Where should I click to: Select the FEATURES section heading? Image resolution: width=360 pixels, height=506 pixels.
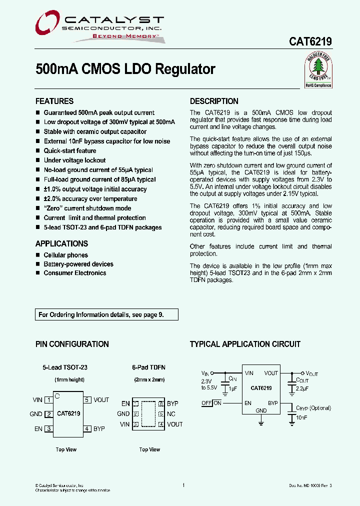point(54,101)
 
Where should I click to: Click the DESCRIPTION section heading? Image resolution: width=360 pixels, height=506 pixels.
point(214,101)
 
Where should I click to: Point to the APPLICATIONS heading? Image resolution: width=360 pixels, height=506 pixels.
point(61,243)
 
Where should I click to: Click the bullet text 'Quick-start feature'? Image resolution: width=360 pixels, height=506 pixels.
point(70,150)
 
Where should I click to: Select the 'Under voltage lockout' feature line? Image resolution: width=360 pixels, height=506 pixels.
point(74,160)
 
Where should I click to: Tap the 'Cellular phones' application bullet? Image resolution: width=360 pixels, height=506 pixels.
point(65,255)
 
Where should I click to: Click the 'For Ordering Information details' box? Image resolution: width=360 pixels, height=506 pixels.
point(107,314)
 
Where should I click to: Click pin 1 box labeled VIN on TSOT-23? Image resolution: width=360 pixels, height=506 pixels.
point(48,399)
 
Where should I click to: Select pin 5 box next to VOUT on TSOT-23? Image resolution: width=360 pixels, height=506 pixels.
point(87,399)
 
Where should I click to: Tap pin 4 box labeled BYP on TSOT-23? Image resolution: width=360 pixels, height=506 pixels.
point(87,428)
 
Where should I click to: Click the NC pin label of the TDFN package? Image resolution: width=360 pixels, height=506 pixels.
point(171,413)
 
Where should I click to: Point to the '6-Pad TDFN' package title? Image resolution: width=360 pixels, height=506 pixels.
point(149,367)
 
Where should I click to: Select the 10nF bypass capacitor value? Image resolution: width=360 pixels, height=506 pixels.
point(301,417)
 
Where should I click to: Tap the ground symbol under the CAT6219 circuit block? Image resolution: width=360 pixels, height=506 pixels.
point(261,423)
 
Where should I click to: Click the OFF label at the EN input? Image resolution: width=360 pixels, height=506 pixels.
point(206,403)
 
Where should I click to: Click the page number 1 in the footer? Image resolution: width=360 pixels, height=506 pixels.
point(184,485)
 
